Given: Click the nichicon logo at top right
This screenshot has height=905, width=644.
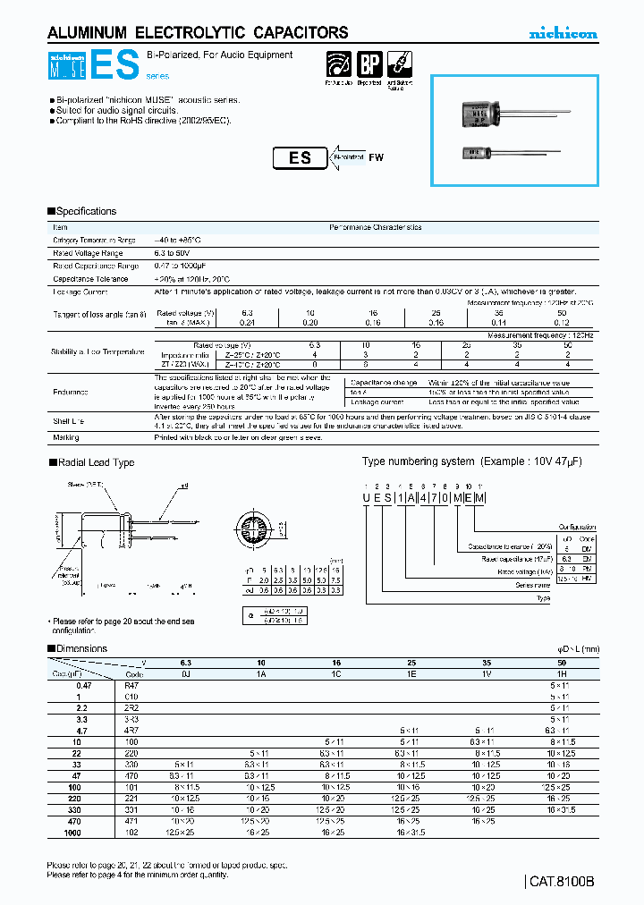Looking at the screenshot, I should pos(562,34).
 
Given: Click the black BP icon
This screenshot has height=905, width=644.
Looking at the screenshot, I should pos(369,65).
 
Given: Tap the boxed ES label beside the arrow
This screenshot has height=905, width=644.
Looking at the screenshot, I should pos(300,157).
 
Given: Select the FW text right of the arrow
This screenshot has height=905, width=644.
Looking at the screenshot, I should pos(376,157).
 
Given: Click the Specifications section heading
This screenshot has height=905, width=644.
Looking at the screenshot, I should pos(86,211).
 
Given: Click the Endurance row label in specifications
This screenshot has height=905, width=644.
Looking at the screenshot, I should pos(72,391).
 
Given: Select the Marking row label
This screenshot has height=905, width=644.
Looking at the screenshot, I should pos(66,437).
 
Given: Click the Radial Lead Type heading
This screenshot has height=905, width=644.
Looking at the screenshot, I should pos(95,462).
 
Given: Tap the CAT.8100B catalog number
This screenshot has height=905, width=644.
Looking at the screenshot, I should pos(562,881).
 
